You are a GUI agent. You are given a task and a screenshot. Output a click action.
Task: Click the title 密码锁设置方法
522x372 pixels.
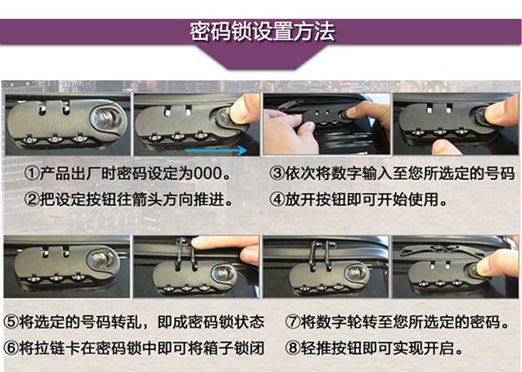[261, 33]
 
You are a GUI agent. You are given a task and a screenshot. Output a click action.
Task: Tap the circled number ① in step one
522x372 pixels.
[32, 175]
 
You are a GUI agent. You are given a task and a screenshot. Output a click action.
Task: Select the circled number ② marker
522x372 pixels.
[32, 198]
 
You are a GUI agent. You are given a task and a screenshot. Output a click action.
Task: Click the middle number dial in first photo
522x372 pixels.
[54, 138]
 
